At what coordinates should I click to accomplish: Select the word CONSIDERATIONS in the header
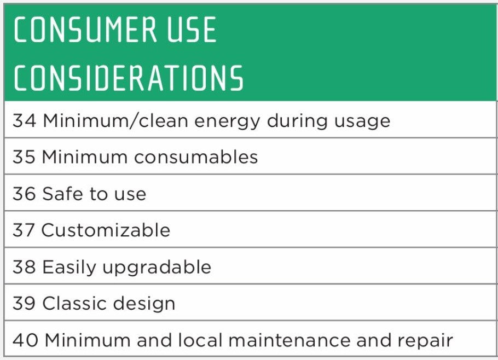pyautogui.click(x=129, y=78)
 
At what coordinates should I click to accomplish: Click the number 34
pyautogui.click(x=25, y=120)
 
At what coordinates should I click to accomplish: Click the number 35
pyautogui.click(x=24, y=157)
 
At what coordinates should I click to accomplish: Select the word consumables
pyautogui.click(x=196, y=157)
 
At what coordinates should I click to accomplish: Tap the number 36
pyautogui.click(x=24, y=194)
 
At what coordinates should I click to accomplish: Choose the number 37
pyautogui.click(x=24, y=230)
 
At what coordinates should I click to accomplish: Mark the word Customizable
pyautogui.click(x=106, y=230)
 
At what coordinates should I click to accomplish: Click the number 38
pyautogui.click(x=24, y=266)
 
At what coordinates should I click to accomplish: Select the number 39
pyautogui.click(x=24, y=303)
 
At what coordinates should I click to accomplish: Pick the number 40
pyautogui.click(x=25, y=340)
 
